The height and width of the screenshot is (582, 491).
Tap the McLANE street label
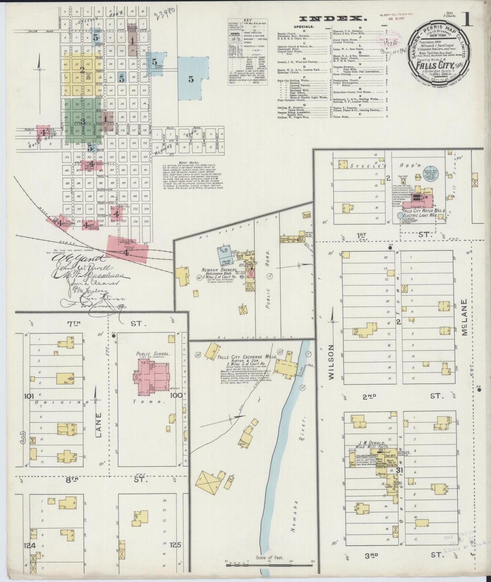(464, 317)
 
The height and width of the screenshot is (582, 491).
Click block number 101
(30, 396)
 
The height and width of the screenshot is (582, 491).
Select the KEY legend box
(248, 51)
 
